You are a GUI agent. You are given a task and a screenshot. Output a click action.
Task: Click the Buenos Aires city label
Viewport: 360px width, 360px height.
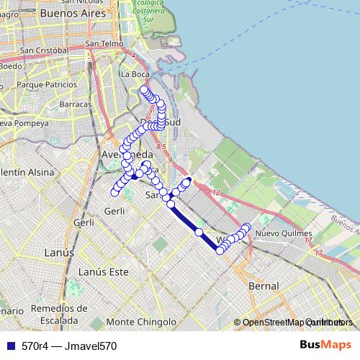[x=73, y=13]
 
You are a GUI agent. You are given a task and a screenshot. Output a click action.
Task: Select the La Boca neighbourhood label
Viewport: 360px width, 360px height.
[x=135, y=73]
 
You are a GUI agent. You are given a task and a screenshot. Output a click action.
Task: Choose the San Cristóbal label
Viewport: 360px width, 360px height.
[x=44, y=50]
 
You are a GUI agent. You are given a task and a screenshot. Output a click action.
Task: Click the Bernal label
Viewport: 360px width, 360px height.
[x=263, y=286]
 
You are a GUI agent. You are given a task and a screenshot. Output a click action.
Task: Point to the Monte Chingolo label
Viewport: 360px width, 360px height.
[x=140, y=322]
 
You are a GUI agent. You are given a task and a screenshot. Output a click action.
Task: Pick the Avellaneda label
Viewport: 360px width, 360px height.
[x=127, y=155]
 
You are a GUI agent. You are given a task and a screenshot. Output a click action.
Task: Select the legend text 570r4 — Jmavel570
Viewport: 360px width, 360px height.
[x=69, y=346]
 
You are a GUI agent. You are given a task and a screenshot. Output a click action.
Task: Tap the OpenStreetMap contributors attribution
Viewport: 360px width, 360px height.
[x=291, y=323]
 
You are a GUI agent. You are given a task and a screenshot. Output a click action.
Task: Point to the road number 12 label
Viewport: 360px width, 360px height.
[x=217, y=192]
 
